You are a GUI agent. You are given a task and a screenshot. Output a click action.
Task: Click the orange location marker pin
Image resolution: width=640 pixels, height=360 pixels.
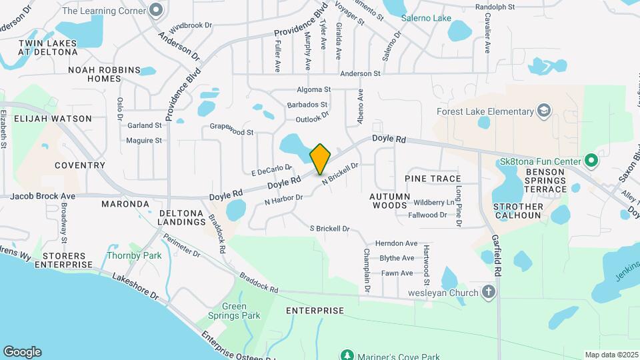click(x=320, y=159)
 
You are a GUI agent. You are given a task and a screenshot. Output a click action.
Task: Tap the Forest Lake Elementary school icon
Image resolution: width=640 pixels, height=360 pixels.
click(x=544, y=111)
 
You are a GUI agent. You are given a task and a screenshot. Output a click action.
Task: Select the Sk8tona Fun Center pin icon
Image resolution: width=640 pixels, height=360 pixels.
click(x=590, y=161)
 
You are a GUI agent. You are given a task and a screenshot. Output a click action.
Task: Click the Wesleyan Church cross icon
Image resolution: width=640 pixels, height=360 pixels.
click(x=489, y=293)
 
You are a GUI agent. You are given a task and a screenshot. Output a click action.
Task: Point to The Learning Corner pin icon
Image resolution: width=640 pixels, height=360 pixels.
click(x=156, y=10)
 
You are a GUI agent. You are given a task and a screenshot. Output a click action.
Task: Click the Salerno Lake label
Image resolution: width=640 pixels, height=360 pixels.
click(x=427, y=18)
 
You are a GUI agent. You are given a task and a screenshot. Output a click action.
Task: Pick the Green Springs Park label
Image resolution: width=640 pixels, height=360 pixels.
click(x=241, y=311)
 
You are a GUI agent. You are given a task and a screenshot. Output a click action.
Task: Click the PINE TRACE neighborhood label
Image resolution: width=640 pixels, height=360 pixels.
click(x=433, y=179)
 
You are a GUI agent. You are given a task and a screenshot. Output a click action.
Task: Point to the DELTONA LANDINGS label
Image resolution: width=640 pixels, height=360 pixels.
click(x=181, y=218)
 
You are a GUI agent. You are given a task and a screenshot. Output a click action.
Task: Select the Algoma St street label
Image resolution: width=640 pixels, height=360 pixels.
click(x=313, y=89)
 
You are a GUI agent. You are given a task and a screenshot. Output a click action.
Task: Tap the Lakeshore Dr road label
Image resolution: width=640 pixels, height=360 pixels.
click(x=135, y=285)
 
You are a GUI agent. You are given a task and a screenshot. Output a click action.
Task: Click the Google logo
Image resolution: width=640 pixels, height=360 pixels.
click(x=22, y=351)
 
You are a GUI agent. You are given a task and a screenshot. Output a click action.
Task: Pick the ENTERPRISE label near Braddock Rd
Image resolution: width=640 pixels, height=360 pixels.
click(x=315, y=311)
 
